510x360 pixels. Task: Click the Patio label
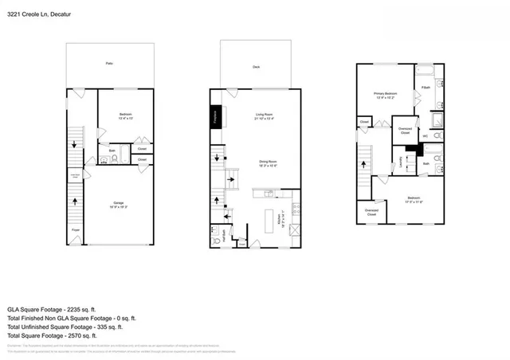[x=109, y=62]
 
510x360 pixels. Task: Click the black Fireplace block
[x=215, y=117]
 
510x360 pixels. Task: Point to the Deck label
[x=256, y=67]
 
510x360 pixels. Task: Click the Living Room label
[x=265, y=117]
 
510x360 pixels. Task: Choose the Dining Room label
[x=267, y=163]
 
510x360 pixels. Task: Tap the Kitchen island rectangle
[x=269, y=220]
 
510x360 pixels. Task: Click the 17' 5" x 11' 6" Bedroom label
[x=414, y=198]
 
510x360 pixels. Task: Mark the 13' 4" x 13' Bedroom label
[x=125, y=116]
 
